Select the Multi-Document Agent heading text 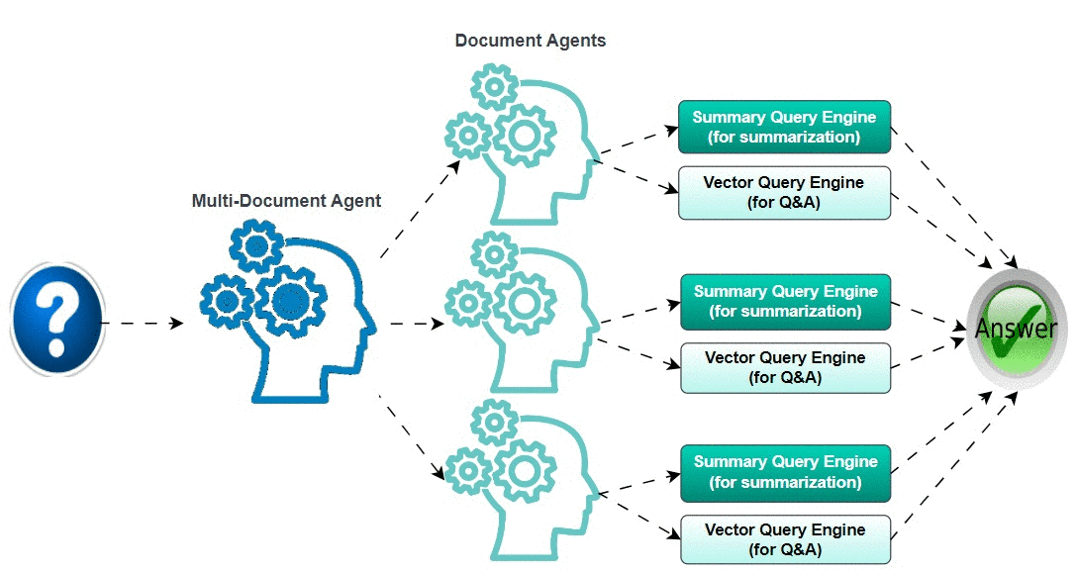coord(286,201)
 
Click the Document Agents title coord(531,41)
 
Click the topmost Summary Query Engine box coord(784,127)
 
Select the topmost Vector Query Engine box coord(784,192)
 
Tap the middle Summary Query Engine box coord(785,301)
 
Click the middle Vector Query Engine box coord(785,367)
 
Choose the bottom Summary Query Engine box coord(785,472)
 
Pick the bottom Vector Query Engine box coord(785,539)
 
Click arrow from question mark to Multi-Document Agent coord(144,324)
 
